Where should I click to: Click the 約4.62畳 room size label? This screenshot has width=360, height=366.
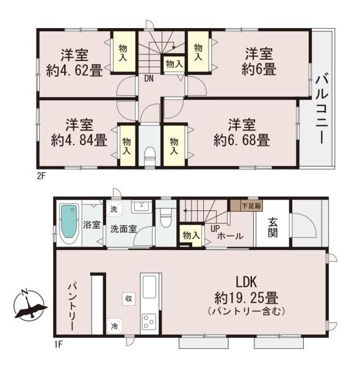[x=74, y=70]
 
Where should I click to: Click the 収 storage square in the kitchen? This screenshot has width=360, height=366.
[x=129, y=298]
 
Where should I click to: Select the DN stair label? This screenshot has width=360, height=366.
[x=149, y=78]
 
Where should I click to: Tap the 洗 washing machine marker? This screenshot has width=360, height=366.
[x=114, y=209]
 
